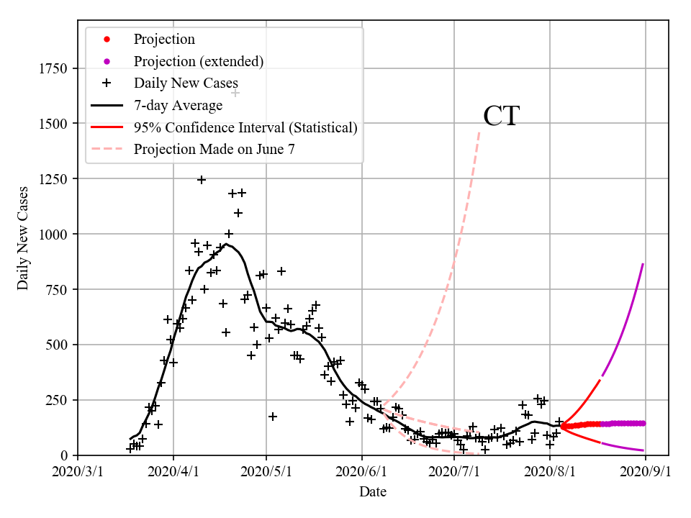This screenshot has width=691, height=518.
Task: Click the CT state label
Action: pos(501,116)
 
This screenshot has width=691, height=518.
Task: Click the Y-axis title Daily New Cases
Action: pos(23,237)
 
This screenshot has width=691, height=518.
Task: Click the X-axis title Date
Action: pos(373,492)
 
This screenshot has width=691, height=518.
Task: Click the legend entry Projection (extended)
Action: pos(199,61)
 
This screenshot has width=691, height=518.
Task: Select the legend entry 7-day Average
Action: pos(178,106)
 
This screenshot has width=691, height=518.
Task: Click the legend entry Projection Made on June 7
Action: pos(214,150)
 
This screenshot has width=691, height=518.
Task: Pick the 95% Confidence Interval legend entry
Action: pos(245,128)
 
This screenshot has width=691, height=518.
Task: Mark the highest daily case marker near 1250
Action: pos(202,180)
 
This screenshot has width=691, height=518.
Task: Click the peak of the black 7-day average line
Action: pos(226,245)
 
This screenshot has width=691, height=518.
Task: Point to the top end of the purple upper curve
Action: pos(643,264)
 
